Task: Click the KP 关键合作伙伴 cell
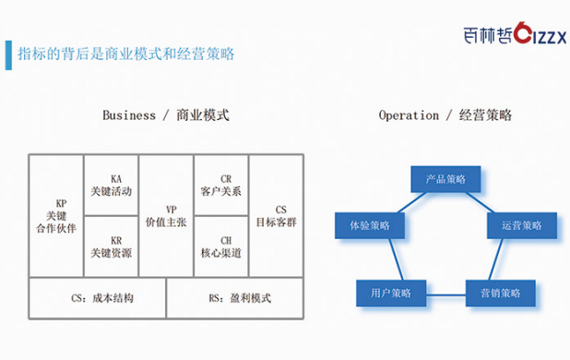(x=56, y=216)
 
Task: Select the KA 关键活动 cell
(x=112, y=186)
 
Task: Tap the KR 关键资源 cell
(x=112, y=246)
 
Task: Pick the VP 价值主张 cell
(x=167, y=216)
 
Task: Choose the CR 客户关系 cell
(x=221, y=186)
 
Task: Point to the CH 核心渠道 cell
(x=221, y=246)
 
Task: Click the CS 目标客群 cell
(x=277, y=216)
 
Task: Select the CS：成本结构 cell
(x=98, y=298)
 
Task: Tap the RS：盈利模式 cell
(x=235, y=298)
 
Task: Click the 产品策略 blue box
(x=445, y=179)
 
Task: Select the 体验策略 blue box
(x=370, y=225)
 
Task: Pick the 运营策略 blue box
(x=522, y=225)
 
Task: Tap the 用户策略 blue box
(x=391, y=294)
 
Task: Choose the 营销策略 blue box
(x=501, y=294)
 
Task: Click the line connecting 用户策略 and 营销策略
(x=445, y=294)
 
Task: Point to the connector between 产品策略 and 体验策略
(x=412, y=202)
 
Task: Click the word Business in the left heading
(x=129, y=115)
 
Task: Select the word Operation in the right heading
(x=409, y=115)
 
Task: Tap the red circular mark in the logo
(x=522, y=32)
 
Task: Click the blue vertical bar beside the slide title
(x=8, y=54)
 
